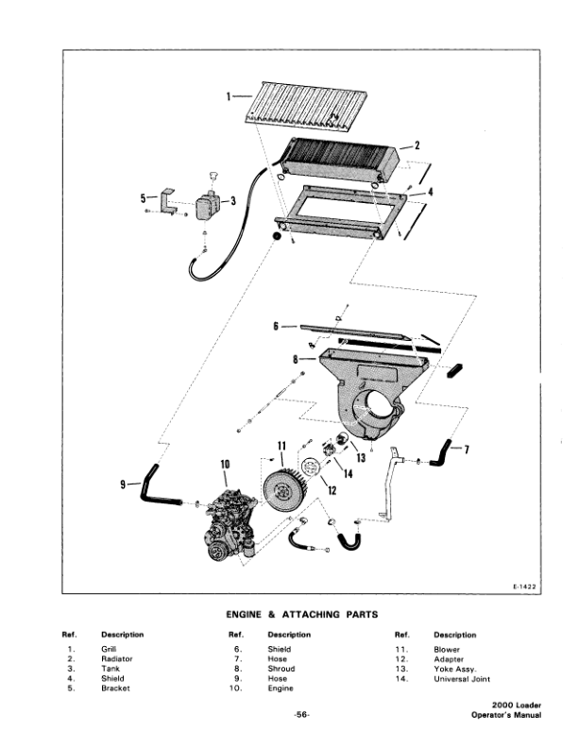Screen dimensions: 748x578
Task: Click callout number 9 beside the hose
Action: (x=122, y=484)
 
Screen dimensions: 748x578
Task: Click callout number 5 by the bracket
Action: (x=143, y=198)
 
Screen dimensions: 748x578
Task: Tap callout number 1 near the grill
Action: (x=229, y=95)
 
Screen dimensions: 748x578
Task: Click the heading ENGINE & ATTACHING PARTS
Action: (x=290, y=615)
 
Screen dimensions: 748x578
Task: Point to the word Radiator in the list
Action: (x=117, y=658)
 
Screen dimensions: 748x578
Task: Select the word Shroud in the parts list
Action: (x=281, y=668)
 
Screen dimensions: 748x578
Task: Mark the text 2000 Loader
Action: (x=516, y=705)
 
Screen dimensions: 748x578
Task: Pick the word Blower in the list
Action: (x=446, y=649)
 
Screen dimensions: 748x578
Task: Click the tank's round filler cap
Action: (x=212, y=175)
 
